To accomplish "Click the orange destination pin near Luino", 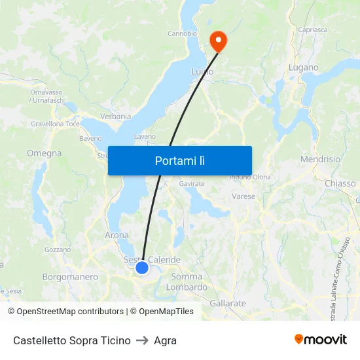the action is pos(217,41).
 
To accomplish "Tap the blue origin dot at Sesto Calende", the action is pos(142,267).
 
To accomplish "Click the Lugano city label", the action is pos(304,67).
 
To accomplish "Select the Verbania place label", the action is pos(115,116).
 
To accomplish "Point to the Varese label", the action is pos(243,196).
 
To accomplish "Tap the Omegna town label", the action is pos(44,153).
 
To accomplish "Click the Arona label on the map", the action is pos(117,235).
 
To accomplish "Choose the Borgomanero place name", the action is pos(70,277).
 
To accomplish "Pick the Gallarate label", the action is pos(228,303).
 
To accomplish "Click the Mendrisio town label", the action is pos(320,159).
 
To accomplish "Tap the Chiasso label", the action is pos(340,183).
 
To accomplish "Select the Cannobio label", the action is pos(182,33).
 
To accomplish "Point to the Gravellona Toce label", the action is pos(55,123).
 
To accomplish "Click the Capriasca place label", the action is pos(312,29).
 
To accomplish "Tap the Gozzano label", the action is pos(57,249).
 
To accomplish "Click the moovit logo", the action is pos(320,339).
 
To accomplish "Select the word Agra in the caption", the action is pos(165,340).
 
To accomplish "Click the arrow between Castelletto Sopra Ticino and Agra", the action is pos(142,340).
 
